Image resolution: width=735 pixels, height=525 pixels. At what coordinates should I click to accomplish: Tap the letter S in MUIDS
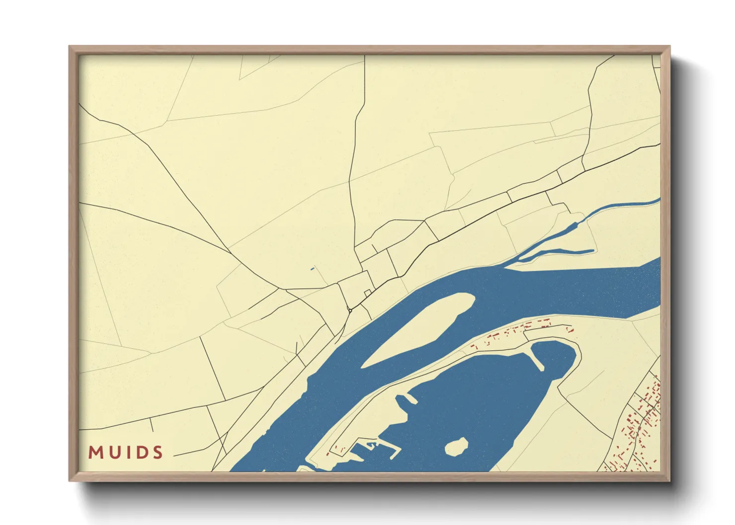tap(158, 453)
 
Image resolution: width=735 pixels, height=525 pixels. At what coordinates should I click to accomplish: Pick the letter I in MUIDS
tap(126, 453)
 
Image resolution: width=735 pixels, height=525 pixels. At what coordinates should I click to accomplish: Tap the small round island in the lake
tap(456, 446)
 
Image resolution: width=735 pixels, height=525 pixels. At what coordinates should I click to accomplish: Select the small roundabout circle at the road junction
tap(350, 311)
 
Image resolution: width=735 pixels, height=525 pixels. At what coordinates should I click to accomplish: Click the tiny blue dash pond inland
tap(312, 269)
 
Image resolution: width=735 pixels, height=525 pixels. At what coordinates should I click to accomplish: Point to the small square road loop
tap(368, 293)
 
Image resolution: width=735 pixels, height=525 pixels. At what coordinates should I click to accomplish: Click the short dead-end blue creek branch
tap(561, 252)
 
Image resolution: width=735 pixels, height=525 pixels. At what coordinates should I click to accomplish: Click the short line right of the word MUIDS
tap(189, 453)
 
